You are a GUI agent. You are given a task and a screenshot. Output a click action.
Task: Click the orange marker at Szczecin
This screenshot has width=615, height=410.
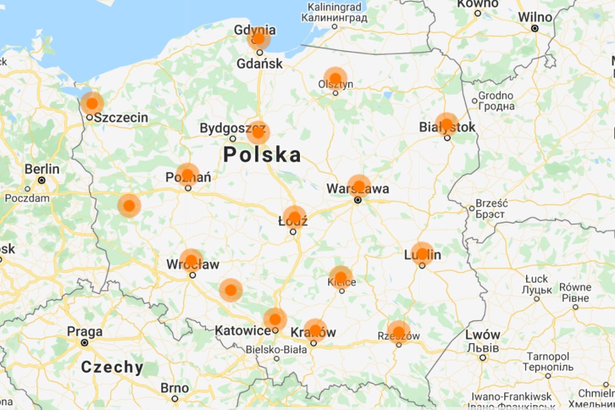tap(92, 103)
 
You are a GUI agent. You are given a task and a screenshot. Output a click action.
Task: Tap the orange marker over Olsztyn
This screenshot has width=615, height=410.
tap(336, 78)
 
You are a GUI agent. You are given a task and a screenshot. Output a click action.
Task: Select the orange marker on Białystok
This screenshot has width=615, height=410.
tap(446, 124)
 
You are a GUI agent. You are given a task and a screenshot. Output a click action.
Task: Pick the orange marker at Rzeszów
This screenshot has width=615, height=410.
tap(398, 332)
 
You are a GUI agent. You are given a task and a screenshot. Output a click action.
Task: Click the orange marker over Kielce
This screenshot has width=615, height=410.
tap(341, 277)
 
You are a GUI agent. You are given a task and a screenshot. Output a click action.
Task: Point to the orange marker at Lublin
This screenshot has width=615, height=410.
tap(422, 254)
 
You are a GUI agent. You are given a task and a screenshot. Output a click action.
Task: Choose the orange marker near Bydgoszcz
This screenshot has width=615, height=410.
tap(258, 131)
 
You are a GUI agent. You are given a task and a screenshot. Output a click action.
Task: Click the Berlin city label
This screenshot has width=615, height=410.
tap(42, 169)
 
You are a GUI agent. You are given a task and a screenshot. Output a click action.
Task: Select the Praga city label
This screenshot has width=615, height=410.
tap(85, 331)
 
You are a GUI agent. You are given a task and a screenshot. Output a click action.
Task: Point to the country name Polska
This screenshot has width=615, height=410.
tap(262, 154)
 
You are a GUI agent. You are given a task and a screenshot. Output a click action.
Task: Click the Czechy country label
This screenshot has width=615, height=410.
tap(113, 367)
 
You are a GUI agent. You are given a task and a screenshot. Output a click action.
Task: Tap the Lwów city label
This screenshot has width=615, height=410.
tap(482, 335)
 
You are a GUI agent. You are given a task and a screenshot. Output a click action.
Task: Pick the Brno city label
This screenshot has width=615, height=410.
tap(175, 388)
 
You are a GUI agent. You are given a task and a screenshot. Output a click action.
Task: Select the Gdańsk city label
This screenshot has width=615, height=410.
tap(259, 64)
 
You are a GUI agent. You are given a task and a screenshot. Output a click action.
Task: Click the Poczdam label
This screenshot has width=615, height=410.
tap(27, 198)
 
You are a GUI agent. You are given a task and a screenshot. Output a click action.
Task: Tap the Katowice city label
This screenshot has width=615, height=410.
tap(243, 331)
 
